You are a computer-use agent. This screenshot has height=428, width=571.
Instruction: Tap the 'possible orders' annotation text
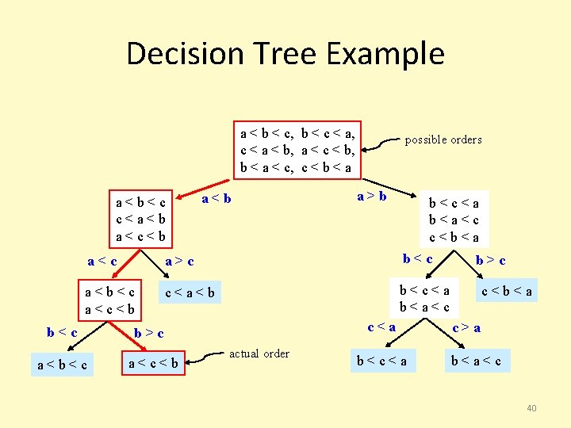(x=443, y=139)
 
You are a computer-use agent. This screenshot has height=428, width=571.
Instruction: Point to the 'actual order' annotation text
(x=259, y=353)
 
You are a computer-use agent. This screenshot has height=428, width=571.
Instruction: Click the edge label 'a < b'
(x=217, y=197)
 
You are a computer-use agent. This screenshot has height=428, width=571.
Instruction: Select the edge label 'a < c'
(x=102, y=260)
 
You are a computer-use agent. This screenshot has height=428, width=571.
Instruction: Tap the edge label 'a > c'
(x=179, y=261)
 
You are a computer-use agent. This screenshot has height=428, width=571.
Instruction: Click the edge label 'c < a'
(x=381, y=325)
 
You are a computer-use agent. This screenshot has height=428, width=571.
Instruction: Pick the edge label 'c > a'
(x=466, y=326)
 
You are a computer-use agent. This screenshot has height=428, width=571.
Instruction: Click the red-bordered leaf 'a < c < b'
(x=153, y=364)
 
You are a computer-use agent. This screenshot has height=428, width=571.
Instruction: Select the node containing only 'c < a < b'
(x=191, y=294)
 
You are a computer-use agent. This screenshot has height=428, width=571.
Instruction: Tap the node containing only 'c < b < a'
(x=507, y=292)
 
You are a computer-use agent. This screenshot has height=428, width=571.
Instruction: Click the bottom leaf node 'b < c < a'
(x=381, y=361)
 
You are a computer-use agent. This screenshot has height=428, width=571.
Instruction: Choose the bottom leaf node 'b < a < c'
(x=475, y=361)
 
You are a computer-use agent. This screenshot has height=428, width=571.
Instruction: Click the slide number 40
(x=531, y=408)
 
